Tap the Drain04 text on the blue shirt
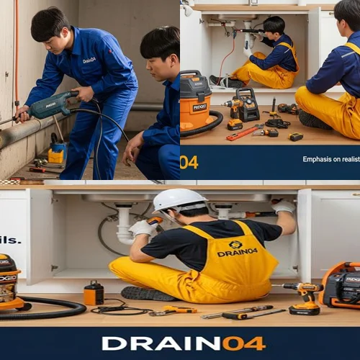pos(89,60)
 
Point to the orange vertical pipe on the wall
pos(16,50)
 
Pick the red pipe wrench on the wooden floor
pos(245,132)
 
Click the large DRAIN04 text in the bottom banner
pos(184,343)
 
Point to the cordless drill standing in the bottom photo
pos(304,297)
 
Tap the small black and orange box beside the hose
pos(94,293)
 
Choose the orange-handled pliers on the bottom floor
pos(173,310)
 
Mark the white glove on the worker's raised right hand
pos(282,207)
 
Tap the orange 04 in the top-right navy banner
pos(189,162)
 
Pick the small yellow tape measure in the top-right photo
pos(295,137)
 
